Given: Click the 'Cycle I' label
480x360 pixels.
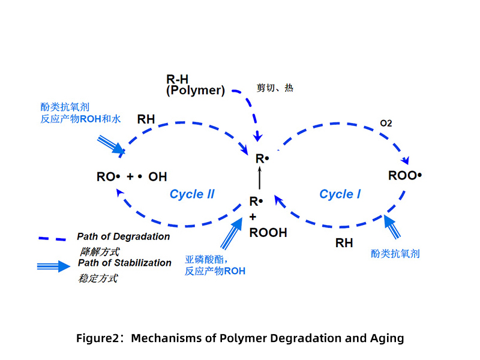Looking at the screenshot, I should [x=340, y=194].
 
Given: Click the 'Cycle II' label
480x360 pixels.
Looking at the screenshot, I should [x=192, y=194].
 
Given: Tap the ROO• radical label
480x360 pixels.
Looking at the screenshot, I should [x=406, y=176].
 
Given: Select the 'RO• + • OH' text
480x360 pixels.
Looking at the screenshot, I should [x=132, y=177].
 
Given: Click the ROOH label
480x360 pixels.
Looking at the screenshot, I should [x=268, y=232].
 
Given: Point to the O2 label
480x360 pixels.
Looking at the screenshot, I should [x=386, y=123].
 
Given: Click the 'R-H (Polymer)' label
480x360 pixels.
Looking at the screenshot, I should [x=195, y=85].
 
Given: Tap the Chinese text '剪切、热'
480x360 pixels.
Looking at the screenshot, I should [x=275, y=88].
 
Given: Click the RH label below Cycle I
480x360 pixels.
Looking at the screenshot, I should [x=344, y=243].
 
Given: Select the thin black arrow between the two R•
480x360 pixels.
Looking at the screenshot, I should [x=260, y=178].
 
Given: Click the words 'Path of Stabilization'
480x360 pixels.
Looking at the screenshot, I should [x=124, y=263].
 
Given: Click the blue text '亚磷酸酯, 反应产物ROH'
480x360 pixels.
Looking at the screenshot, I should [x=215, y=265].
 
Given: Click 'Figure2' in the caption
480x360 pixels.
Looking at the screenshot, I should [x=98, y=338].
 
